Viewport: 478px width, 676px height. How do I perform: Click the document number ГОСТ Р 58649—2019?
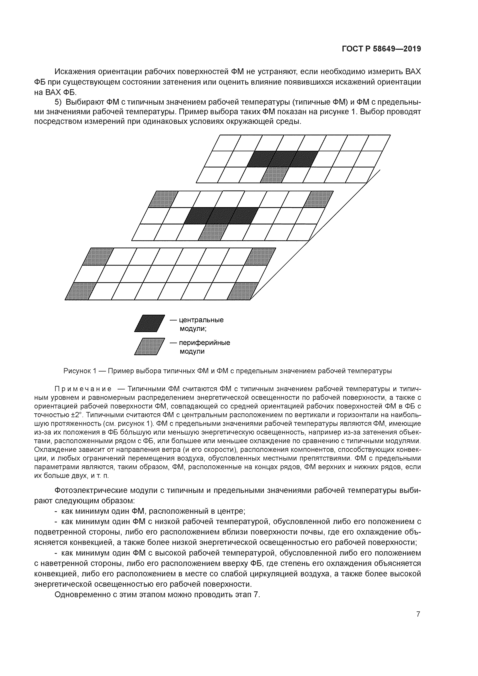[x=381, y=49]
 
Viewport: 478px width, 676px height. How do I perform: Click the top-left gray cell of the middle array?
[x=163, y=199]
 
